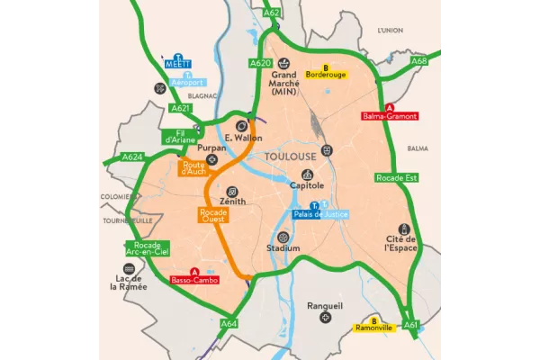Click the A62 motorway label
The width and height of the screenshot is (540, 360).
pos(272,13)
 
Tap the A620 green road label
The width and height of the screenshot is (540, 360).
pos(260,63)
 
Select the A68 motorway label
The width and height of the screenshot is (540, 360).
pos(418,61)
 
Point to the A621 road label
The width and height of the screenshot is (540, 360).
pos(181,108)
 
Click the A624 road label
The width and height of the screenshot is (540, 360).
pos(132,157)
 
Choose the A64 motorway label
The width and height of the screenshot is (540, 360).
pos(229,324)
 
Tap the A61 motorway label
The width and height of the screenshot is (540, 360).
pos(411,324)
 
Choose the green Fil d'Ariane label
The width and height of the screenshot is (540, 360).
pos(175,138)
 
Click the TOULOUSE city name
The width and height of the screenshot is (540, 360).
pos(291,156)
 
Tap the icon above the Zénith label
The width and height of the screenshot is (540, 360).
pos(232,192)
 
